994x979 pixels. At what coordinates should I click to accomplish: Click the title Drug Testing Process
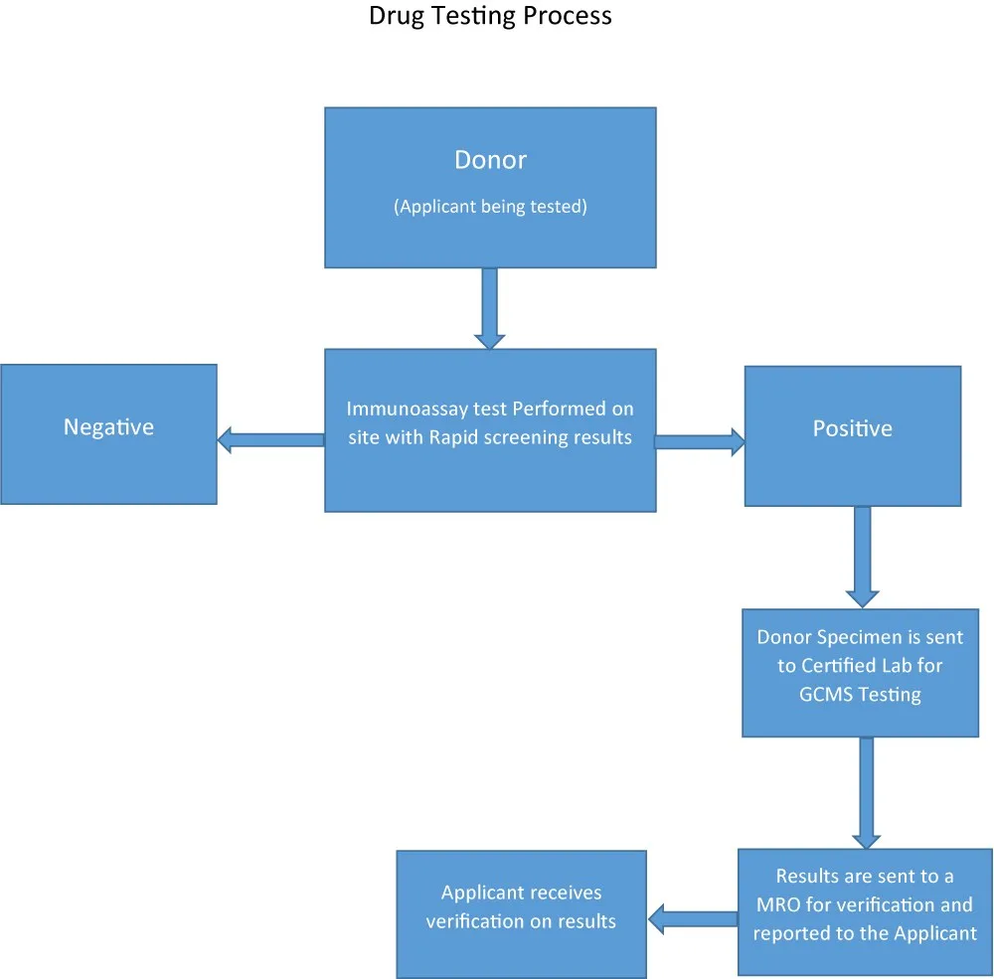pos(490,17)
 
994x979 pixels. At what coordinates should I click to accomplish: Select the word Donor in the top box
pos(490,159)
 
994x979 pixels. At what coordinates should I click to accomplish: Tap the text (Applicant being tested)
pos(490,208)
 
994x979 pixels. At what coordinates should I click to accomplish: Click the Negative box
pos(108,434)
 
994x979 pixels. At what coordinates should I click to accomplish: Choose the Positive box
pos(853,435)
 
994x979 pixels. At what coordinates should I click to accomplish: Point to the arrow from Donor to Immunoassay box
pos(489,308)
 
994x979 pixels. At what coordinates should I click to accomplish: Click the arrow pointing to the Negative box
pos(270,439)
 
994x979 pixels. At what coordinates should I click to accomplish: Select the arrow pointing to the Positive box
pos(700,442)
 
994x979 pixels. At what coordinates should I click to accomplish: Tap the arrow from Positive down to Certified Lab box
pos(862,557)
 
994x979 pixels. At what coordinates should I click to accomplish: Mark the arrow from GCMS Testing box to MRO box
pos(866,792)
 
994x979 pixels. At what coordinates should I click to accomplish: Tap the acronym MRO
pos(775,904)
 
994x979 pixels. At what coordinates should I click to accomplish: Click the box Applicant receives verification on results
pos(521,906)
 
